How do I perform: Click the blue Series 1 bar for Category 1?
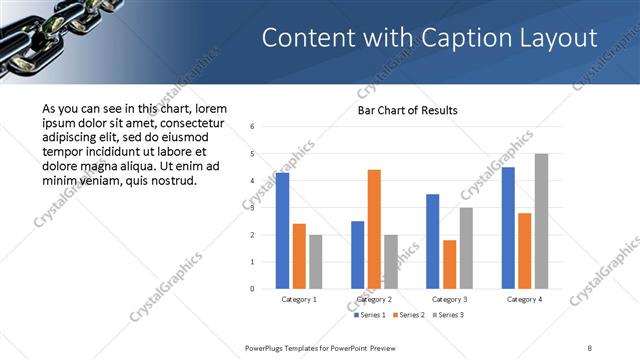click(x=282, y=231)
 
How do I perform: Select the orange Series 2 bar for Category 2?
click(x=374, y=229)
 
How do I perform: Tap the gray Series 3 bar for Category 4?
click(x=541, y=221)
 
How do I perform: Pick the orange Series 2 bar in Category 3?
click(x=449, y=264)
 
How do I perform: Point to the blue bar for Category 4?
click(x=508, y=228)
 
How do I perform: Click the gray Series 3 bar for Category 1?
click(x=315, y=262)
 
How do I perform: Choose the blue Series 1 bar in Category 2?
click(x=357, y=255)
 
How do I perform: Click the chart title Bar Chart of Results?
click(x=408, y=110)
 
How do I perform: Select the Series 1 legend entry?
click(x=373, y=316)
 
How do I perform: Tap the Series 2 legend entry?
click(x=409, y=316)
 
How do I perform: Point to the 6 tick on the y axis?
click(x=253, y=126)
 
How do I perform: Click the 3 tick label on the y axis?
click(x=253, y=208)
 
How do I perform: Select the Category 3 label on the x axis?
click(x=449, y=299)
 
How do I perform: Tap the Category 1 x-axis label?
click(x=299, y=299)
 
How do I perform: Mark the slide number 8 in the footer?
click(x=590, y=348)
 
